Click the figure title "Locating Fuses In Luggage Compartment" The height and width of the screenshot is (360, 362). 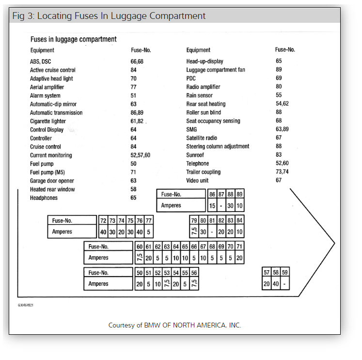point(121,16)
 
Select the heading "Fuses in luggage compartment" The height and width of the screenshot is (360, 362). point(73,39)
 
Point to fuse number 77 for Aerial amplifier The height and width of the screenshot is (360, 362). point(133,87)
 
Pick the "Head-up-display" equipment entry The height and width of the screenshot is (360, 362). point(205,62)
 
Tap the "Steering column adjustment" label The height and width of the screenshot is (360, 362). point(218,147)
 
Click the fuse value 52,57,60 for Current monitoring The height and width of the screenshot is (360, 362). point(140,155)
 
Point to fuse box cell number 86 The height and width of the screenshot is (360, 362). point(212,194)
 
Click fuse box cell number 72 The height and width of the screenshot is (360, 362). point(103,220)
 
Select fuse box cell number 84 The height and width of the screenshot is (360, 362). point(239,220)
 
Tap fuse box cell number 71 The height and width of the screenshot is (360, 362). point(239,246)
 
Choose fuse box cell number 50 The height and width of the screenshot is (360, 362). point(140,273)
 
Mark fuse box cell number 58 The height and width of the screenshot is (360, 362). point(276,273)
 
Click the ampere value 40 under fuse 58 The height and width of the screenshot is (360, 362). point(276,284)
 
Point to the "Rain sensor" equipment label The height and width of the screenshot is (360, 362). point(200,96)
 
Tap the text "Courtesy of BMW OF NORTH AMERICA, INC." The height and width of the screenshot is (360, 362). point(174,325)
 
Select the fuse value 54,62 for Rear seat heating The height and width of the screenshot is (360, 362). point(282,104)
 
